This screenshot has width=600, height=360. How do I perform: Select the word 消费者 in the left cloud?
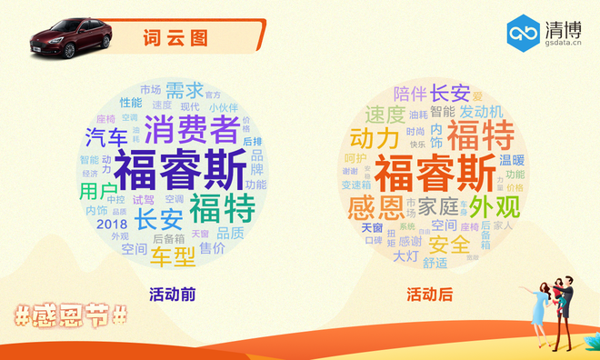[192, 129]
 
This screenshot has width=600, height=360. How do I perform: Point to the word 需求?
[185, 91]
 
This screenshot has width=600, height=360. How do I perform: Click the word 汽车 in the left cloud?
[107, 138]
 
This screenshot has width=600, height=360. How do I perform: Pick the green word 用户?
[97, 192]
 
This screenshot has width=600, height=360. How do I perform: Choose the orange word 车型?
[173, 257]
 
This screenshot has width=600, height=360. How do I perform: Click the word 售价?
[213, 248]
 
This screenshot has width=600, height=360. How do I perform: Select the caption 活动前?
[173, 295]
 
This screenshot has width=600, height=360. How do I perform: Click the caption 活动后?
[429, 295]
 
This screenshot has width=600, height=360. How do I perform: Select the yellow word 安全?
[449, 245]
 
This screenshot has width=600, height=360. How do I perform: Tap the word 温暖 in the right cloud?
[512, 159]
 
